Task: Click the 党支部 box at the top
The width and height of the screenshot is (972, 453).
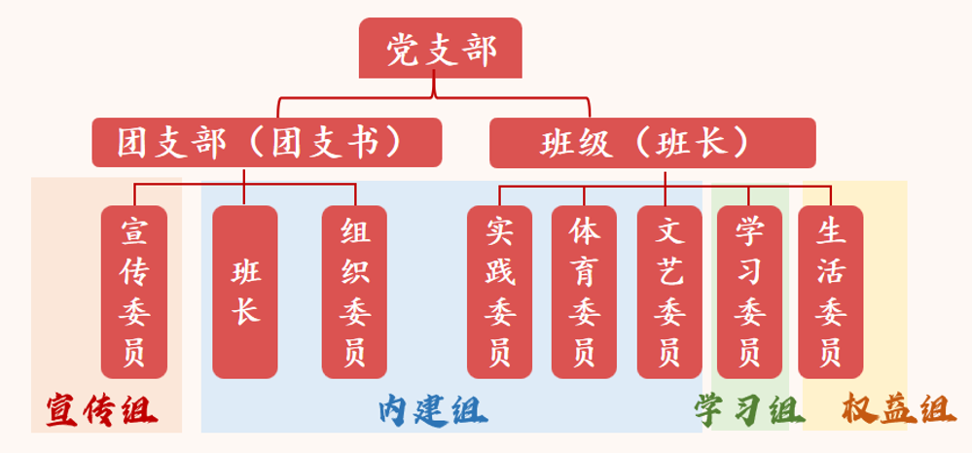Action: pyautogui.click(x=441, y=49)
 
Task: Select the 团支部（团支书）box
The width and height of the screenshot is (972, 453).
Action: pyautogui.click(x=267, y=143)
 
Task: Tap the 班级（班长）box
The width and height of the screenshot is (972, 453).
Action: pyautogui.click(x=652, y=143)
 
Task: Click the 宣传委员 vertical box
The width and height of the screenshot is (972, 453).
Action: pyautogui.click(x=134, y=292)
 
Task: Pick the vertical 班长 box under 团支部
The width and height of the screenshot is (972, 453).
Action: pyautogui.click(x=245, y=292)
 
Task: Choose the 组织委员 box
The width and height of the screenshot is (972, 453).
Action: pyautogui.click(x=354, y=292)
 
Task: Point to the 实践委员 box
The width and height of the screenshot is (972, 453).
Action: pyautogui.click(x=500, y=292)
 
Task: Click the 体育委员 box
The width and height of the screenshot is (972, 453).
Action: pyautogui.click(x=584, y=292)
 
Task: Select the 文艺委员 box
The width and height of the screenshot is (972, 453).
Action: pyautogui.click(x=669, y=292)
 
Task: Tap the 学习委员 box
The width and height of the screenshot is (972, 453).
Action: pyautogui.click(x=748, y=292)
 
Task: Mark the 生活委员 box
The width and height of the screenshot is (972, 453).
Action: pyautogui.click(x=831, y=292)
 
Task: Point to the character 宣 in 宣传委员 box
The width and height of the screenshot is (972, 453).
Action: pyautogui.click(x=134, y=232)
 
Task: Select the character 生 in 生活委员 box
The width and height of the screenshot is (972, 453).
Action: pyautogui.click(x=831, y=232)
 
